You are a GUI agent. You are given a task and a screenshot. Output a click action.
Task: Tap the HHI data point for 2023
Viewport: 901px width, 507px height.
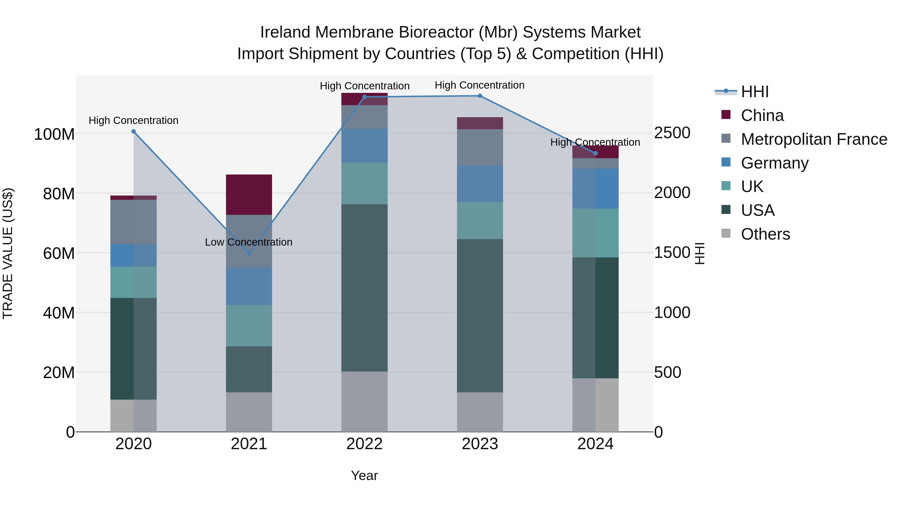pyautogui.click(x=480, y=96)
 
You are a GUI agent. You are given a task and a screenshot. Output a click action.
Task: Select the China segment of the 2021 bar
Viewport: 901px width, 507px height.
pyautogui.click(x=249, y=195)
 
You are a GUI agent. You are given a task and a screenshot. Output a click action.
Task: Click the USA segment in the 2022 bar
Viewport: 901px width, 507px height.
pyautogui.click(x=364, y=288)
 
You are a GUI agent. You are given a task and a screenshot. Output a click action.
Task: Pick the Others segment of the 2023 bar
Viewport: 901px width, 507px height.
pyautogui.click(x=480, y=412)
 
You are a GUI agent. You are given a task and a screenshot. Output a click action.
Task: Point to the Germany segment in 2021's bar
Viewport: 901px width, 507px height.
pyautogui.click(x=249, y=286)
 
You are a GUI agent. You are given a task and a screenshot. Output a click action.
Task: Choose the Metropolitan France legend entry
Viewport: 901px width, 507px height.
pyautogui.click(x=814, y=139)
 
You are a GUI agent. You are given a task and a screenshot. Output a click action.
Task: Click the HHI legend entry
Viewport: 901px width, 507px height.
pyautogui.click(x=754, y=92)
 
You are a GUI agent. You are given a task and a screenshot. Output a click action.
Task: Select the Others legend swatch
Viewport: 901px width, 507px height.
pyautogui.click(x=726, y=233)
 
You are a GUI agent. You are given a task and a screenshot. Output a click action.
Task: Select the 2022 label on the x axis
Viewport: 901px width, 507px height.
pyautogui.click(x=364, y=444)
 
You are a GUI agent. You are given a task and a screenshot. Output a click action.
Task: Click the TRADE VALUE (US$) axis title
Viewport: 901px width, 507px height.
pyautogui.click(x=8, y=253)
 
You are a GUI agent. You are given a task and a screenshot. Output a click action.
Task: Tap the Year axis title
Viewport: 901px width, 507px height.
pyautogui.click(x=364, y=475)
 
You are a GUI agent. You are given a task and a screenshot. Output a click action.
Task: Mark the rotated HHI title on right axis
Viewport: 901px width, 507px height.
pyautogui.click(x=699, y=253)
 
